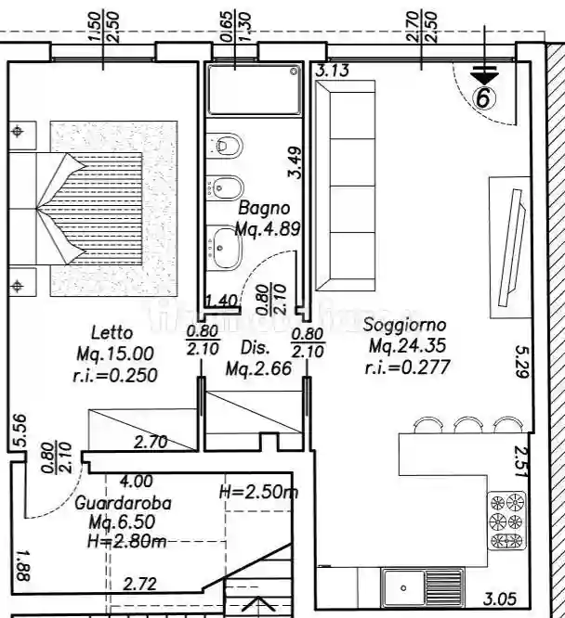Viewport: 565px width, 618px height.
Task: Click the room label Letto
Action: coord(112,332)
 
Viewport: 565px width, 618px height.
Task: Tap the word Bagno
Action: coord(265,209)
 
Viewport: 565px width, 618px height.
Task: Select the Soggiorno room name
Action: coord(405,326)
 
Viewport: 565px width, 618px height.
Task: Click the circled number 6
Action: coord(484,96)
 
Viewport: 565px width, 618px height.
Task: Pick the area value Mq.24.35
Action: coord(408,346)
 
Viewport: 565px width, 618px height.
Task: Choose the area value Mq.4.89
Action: coord(267,228)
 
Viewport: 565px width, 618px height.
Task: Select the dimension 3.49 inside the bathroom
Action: coord(295,162)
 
